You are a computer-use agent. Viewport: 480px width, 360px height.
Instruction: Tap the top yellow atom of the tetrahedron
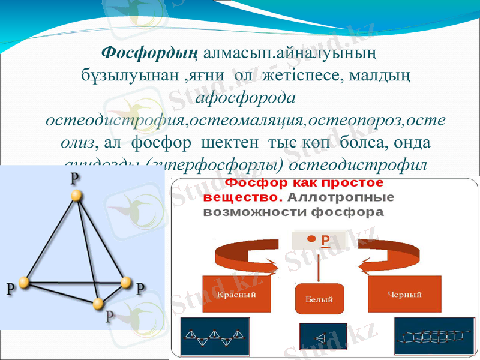coord(76,196)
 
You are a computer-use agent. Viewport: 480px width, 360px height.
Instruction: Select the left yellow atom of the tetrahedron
coord(24,282)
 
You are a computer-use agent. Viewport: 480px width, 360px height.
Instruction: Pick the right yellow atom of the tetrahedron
coord(125,282)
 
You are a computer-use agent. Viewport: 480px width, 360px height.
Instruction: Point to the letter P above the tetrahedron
coord(74,179)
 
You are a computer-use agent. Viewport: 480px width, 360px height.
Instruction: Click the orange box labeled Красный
coord(236,295)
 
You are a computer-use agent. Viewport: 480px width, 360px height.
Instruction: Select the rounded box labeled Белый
coord(319,298)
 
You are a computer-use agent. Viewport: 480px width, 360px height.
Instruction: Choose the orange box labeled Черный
coord(404,294)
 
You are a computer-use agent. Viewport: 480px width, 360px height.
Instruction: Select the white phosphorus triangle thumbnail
coord(323,338)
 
